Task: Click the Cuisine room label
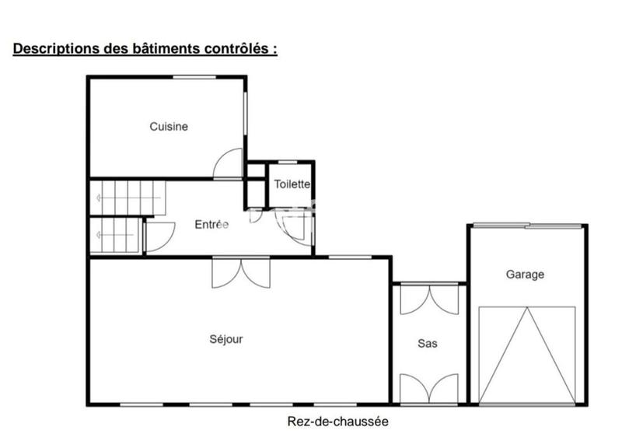[x=169, y=127]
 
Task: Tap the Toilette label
[x=292, y=185]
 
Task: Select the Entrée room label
[x=211, y=225]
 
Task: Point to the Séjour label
[x=226, y=339]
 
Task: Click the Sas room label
[x=428, y=343]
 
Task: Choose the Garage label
[x=525, y=275]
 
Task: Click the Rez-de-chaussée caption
[x=337, y=422]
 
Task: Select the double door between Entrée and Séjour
[x=241, y=272]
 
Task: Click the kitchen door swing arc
[x=228, y=164]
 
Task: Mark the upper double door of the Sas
[x=429, y=300]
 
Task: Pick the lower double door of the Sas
[x=429, y=388]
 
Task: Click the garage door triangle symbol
[x=527, y=355]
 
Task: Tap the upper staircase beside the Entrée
[x=129, y=198]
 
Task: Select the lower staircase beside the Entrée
[x=116, y=235]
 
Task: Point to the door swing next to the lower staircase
[x=159, y=236]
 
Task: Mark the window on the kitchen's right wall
[x=246, y=121]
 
